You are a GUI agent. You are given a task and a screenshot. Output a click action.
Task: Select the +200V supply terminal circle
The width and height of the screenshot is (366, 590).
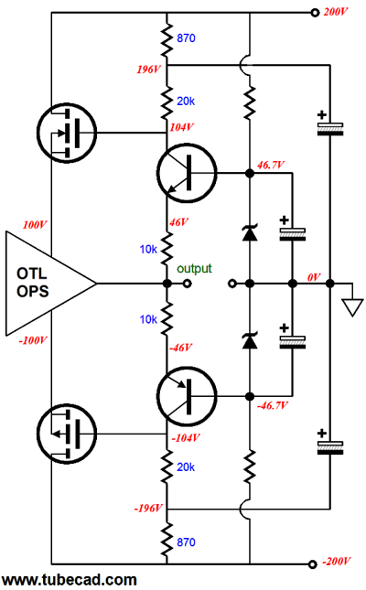tap(315, 13)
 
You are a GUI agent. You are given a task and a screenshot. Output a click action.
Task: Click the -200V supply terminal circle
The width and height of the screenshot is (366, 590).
tap(312, 564)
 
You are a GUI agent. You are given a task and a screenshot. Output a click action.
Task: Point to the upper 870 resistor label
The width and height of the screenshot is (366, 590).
tap(186, 38)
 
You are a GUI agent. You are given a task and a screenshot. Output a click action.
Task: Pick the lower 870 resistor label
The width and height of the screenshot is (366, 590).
tap(186, 542)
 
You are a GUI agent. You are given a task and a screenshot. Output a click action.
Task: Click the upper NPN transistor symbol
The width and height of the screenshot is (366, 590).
tap(187, 173)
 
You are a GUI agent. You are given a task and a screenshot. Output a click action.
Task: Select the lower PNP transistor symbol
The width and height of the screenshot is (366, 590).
tap(187, 396)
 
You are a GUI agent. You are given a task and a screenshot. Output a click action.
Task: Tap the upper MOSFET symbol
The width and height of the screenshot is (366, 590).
tap(67, 133)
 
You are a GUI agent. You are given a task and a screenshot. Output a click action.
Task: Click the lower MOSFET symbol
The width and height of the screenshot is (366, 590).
tap(67, 434)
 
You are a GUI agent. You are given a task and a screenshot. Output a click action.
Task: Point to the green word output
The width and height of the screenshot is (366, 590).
tap(194, 269)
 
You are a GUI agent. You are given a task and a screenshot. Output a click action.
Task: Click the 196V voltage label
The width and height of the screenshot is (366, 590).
tap(149, 70)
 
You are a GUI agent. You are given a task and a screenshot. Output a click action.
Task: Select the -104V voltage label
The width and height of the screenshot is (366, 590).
tap(185, 438)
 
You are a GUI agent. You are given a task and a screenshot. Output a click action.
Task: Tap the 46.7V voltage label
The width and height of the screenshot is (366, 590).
tap(271, 165)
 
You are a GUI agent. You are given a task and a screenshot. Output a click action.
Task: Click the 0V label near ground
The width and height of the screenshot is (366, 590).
tap(314, 277)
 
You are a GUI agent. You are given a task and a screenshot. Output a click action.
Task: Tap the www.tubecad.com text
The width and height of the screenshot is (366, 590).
tap(69, 580)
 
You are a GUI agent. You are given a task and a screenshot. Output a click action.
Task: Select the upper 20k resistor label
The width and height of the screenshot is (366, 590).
tap(186, 101)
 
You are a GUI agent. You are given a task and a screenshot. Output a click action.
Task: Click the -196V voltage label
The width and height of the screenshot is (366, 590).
tap(148, 509)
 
